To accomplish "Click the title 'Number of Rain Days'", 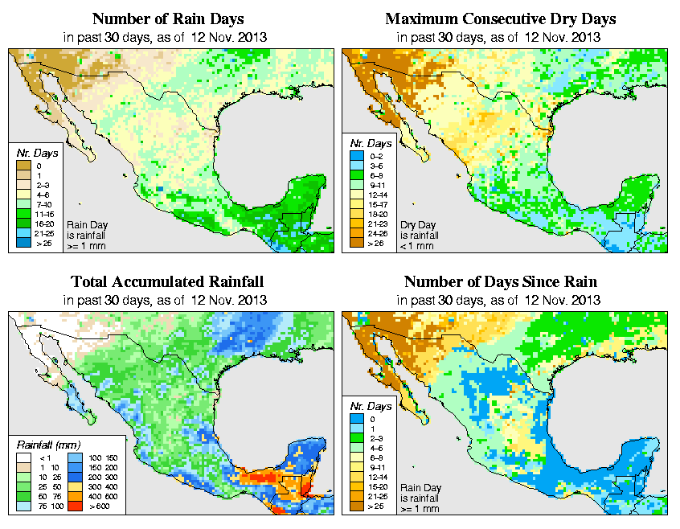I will (166, 18).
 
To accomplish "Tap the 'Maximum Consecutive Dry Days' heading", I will (500, 18).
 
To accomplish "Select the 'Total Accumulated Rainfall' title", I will (166, 282).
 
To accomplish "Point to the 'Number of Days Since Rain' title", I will (500, 282).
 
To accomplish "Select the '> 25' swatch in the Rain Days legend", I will (25, 242).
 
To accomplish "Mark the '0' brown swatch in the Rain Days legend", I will (25, 166).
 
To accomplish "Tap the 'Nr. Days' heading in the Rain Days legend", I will (35, 153).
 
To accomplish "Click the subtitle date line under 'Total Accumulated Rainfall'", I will (166, 300).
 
